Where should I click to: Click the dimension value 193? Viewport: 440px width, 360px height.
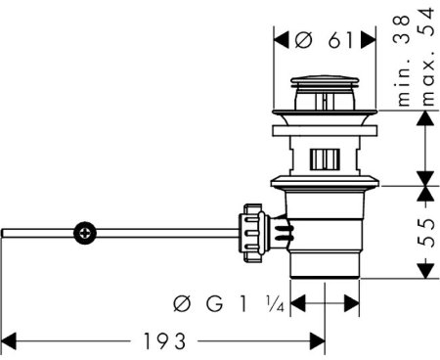(x=164, y=341)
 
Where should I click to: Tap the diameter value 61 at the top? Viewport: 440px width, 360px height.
(x=340, y=40)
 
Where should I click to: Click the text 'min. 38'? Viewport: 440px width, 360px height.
(x=403, y=61)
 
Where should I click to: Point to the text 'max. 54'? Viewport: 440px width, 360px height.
(x=427, y=57)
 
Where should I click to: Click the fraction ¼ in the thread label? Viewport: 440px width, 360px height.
(x=276, y=303)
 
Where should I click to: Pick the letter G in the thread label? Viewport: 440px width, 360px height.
(x=214, y=303)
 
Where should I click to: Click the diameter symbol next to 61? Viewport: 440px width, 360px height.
(x=304, y=40)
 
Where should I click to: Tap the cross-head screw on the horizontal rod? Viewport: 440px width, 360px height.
(x=85, y=233)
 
